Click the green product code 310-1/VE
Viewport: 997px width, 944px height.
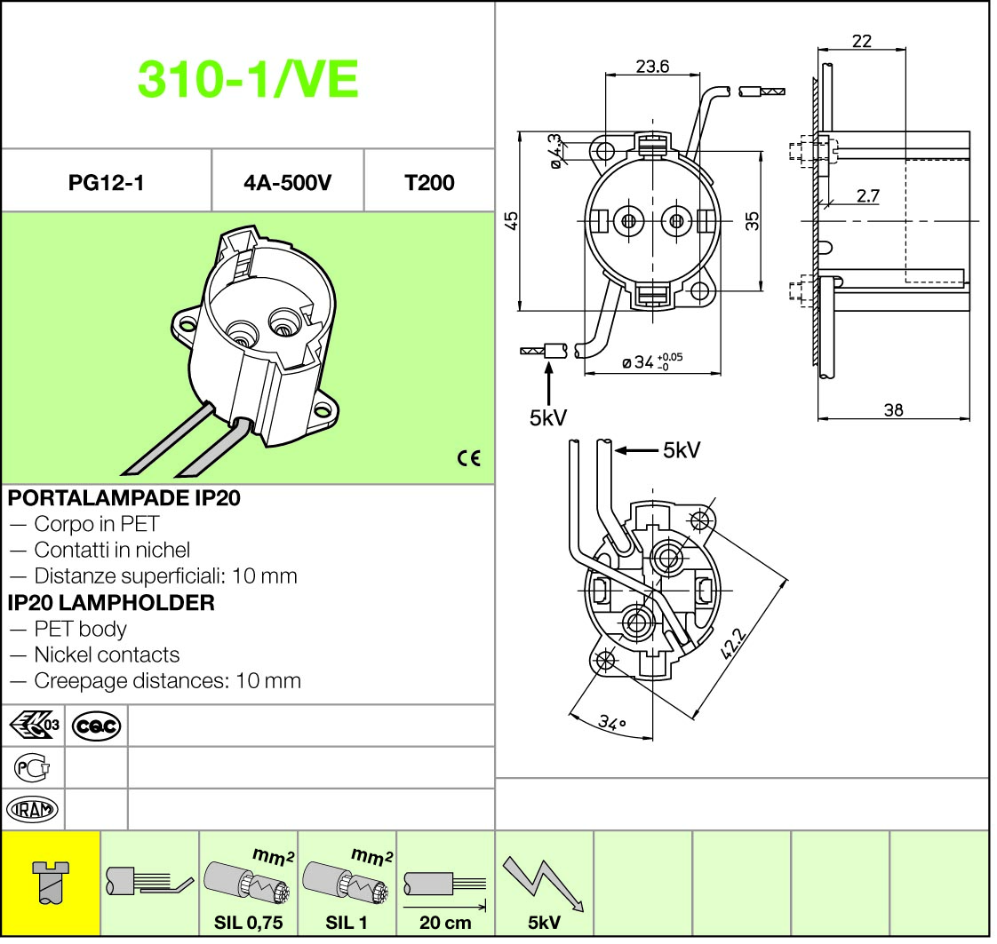(x=248, y=79)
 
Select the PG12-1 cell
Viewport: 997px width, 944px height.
(x=106, y=183)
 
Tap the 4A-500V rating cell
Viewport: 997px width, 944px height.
(x=287, y=183)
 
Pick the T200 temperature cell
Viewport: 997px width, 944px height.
(x=429, y=183)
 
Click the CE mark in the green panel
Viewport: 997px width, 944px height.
(x=468, y=458)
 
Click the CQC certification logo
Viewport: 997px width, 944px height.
(x=96, y=726)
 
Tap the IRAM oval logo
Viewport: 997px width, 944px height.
(x=32, y=809)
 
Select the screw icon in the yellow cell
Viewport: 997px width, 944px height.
(x=50, y=882)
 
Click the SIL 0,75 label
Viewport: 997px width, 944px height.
(x=249, y=923)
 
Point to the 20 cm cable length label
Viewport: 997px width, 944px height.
(x=445, y=923)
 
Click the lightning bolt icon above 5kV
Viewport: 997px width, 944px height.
(x=543, y=884)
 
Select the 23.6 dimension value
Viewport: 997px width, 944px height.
(x=652, y=66)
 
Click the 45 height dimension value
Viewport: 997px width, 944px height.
(x=511, y=220)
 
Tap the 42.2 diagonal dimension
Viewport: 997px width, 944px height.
(x=733, y=643)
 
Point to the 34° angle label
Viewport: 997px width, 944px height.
(x=612, y=722)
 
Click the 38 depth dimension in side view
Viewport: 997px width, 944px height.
(x=893, y=409)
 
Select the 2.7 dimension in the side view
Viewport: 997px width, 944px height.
(x=868, y=195)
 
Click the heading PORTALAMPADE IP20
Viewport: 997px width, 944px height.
(x=124, y=497)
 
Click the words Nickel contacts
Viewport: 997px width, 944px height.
(x=107, y=654)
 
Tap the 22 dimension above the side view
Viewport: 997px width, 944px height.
(x=862, y=41)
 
